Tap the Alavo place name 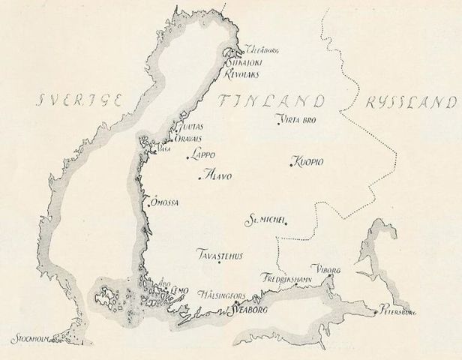218,177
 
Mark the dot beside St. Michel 286,220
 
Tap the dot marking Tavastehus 217,262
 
